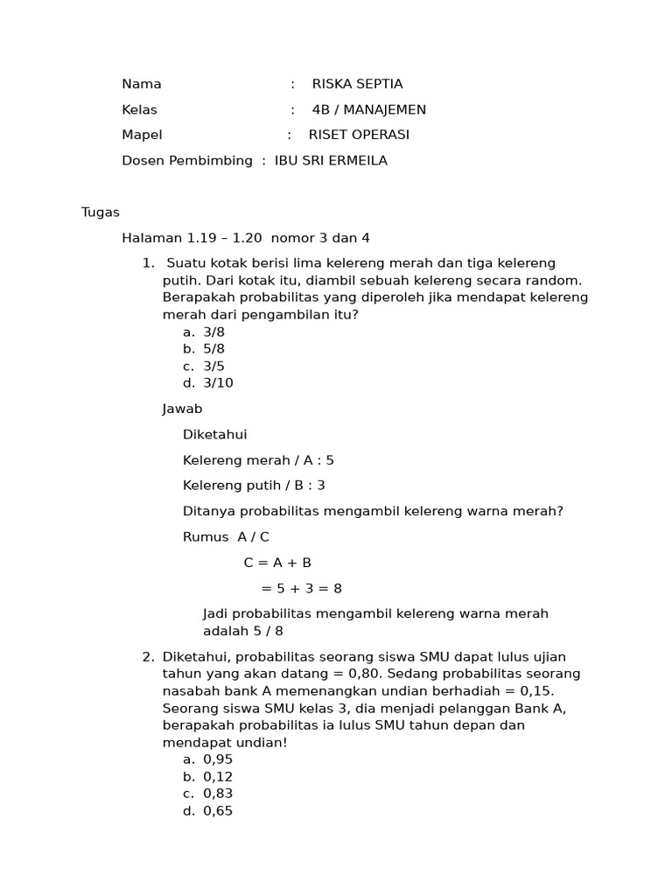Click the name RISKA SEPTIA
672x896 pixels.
pyautogui.click(x=357, y=84)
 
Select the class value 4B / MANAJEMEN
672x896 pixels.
pyautogui.click(x=368, y=109)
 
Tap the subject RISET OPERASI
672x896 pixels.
pyautogui.click(x=359, y=135)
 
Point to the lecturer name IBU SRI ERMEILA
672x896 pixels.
pyautogui.click(x=331, y=161)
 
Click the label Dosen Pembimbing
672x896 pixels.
pyautogui.click(x=186, y=161)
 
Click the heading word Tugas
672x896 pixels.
pyautogui.click(x=100, y=212)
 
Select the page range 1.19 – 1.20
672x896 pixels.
pyautogui.click(x=225, y=238)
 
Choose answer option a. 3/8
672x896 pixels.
pyautogui.click(x=203, y=332)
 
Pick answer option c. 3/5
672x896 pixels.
pyautogui.click(x=203, y=366)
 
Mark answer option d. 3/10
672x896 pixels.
pyautogui.click(x=207, y=382)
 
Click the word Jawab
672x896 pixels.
pyautogui.click(x=182, y=409)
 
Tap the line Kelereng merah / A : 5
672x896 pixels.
pyautogui.click(x=258, y=459)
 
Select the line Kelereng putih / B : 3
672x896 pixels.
pyautogui.click(x=254, y=485)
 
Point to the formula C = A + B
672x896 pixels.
pyautogui.click(x=277, y=563)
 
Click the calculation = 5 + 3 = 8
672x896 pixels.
pyautogui.click(x=301, y=588)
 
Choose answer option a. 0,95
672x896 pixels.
pyautogui.click(x=207, y=759)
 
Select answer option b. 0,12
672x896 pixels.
pyautogui.click(x=207, y=777)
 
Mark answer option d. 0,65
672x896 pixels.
pyautogui.click(x=207, y=811)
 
